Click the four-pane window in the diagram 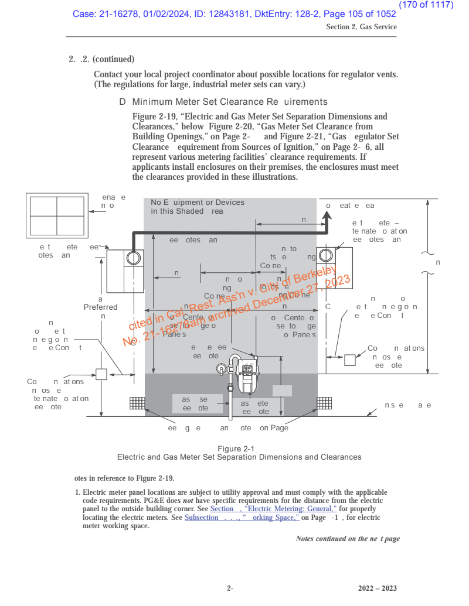coord(57,215)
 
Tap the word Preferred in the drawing coord(100,307)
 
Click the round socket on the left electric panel coord(134,258)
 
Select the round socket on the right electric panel coord(325,256)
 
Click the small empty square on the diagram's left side coord(101,374)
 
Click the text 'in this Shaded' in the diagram coord(176,211)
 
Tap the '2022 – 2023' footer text coord(378,588)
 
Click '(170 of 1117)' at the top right coord(426,5)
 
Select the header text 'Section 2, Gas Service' coord(361,27)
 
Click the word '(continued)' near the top coord(113,59)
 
